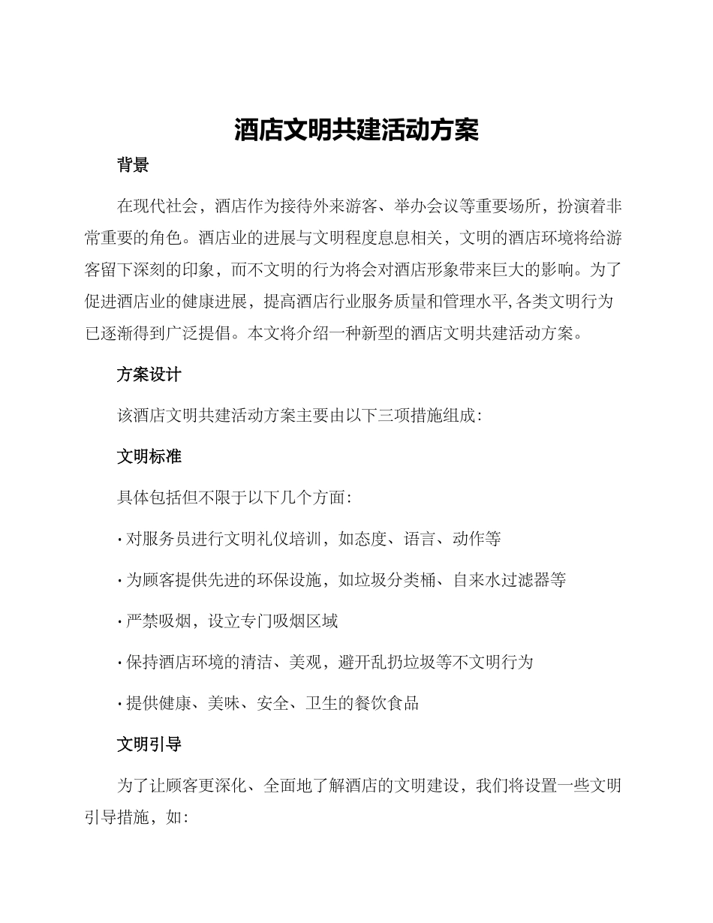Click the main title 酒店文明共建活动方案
[x=356, y=131]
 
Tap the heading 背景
[x=133, y=166]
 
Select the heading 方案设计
[x=149, y=374]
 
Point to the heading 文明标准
[x=149, y=456]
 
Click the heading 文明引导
[x=149, y=744]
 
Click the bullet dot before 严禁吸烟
[x=120, y=622]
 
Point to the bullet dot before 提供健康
[x=120, y=705]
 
